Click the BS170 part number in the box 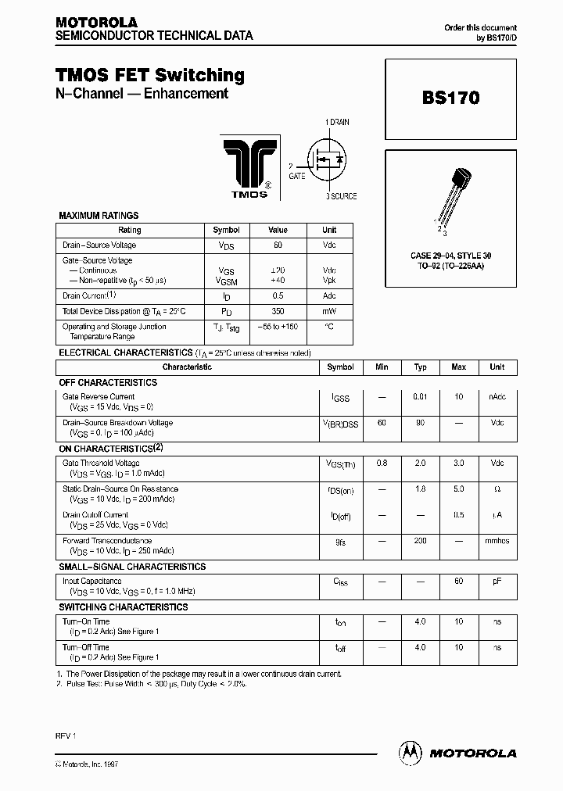pos(451,98)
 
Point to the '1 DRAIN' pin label pos(337,123)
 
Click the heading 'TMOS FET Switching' pos(149,75)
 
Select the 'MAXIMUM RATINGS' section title pos(99,215)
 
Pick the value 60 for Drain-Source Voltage pos(278,245)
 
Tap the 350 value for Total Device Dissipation pos(278,310)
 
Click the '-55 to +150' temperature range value pos(278,326)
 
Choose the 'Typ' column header pos(420,367)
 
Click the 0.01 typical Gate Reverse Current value pos(420,397)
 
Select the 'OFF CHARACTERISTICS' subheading pos(108,382)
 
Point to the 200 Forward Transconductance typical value pos(420,541)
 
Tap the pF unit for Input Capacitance pos(497,582)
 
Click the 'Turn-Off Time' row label pos(86,647)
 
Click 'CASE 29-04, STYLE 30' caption pos(451,256)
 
